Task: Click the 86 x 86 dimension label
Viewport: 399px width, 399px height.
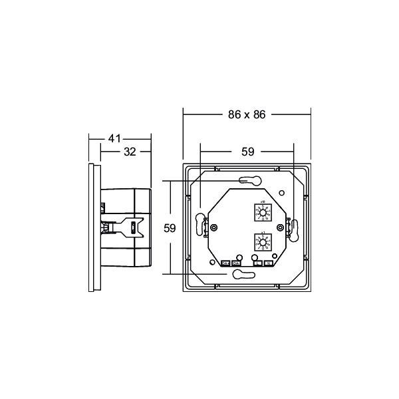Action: [x=246, y=114]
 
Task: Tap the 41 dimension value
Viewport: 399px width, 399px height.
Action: [x=114, y=138]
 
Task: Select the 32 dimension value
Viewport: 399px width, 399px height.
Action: [x=130, y=152]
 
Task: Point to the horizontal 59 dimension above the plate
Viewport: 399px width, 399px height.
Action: [x=247, y=152]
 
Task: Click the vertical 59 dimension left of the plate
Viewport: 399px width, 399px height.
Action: [x=170, y=227]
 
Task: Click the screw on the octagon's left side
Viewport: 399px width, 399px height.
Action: [x=214, y=227]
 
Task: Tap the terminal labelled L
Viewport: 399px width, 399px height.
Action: [x=257, y=263]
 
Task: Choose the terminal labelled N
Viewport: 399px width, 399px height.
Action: [x=268, y=263]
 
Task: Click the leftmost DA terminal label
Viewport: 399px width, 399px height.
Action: [x=225, y=263]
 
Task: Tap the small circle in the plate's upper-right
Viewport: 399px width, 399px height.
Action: [x=283, y=194]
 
